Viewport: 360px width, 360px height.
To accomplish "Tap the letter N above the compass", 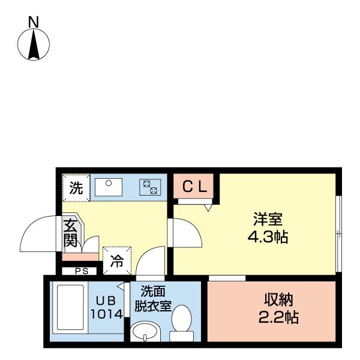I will [x=34, y=22].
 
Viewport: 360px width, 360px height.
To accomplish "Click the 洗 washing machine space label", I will [x=76, y=188].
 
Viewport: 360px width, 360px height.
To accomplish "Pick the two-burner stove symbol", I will [x=149, y=187].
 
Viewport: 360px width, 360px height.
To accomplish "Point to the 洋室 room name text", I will [x=268, y=220].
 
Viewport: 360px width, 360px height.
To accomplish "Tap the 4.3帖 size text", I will [x=268, y=236].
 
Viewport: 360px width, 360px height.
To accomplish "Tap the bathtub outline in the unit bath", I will [x=70, y=308].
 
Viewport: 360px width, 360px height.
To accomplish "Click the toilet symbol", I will [x=180, y=322].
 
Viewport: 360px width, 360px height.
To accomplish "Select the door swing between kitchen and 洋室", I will [x=184, y=233].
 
